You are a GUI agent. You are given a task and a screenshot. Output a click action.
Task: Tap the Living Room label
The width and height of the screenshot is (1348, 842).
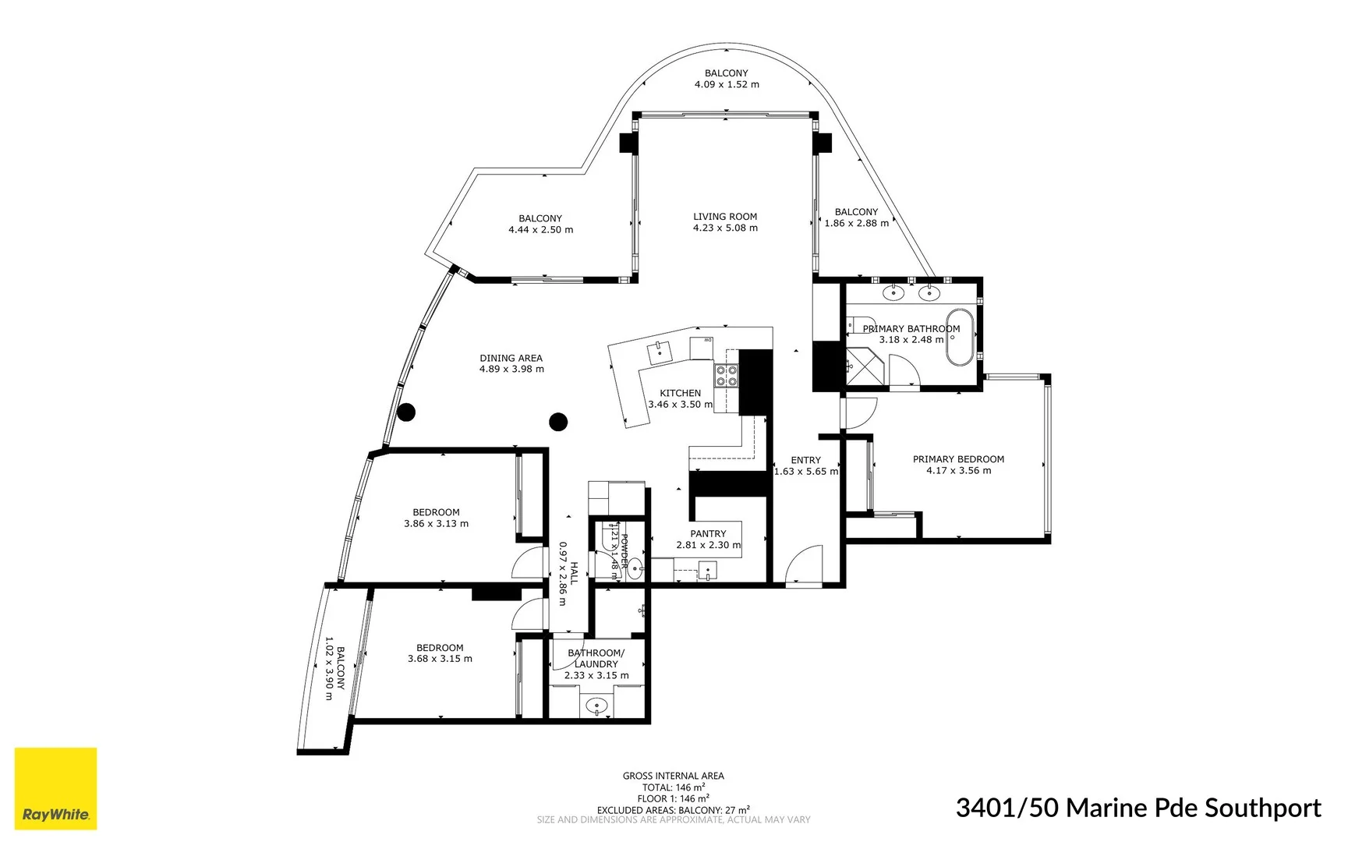click(x=725, y=217)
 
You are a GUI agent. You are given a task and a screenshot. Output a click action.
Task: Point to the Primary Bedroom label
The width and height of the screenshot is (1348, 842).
click(x=958, y=459)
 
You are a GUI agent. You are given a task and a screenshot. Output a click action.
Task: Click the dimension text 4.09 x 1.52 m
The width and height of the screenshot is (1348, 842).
click(x=727, y=84)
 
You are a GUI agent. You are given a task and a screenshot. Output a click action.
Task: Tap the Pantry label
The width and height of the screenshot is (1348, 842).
click(x=708, y=534)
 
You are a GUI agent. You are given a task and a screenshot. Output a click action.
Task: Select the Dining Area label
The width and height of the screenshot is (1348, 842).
click(x=511, y=359)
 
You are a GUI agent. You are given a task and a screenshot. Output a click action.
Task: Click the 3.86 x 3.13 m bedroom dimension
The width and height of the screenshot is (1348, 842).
click(x=436, y=524)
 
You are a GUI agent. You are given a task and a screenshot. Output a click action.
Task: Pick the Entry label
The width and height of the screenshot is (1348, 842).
click(x=805, y=460)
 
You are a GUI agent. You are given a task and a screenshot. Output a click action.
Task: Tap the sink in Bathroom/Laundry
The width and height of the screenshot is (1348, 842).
click(x=596, y=706)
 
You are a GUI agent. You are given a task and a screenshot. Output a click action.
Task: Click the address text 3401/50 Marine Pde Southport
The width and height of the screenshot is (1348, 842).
click(x=1138, y=808)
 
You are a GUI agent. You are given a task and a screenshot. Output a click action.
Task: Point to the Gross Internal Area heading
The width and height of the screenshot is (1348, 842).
click(x=673, y=776)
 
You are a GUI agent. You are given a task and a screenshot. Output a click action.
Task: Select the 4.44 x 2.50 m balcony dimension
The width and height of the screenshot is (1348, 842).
click(x=540, y=230)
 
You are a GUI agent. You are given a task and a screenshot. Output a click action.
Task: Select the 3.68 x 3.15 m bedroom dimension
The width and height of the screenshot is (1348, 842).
click(x=440, y=659)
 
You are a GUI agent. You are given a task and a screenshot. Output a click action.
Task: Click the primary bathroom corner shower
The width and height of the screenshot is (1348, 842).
click(x=862, y=366)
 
